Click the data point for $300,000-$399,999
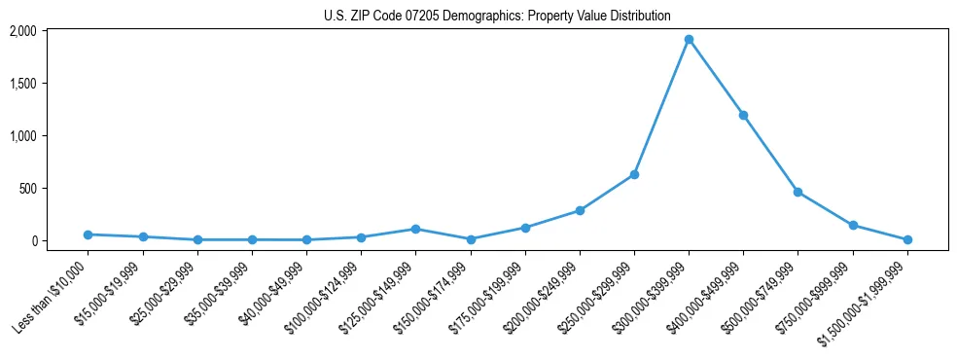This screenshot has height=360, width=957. tap(689, 40)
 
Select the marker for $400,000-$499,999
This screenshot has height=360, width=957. tap(743, 115)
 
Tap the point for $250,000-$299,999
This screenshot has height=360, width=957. tap(634, 174)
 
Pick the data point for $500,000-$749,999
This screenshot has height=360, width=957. tap(797, 192)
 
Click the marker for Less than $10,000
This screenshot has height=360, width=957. tap(89, 234)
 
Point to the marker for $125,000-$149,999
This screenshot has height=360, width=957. tap(415, 229)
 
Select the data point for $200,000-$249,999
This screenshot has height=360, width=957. tap(580, 210)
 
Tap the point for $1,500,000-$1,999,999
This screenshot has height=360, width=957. tap(907, 239)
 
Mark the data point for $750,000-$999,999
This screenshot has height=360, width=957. tap(853, 225)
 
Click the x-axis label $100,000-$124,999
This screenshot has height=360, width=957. tap(326, 293)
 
